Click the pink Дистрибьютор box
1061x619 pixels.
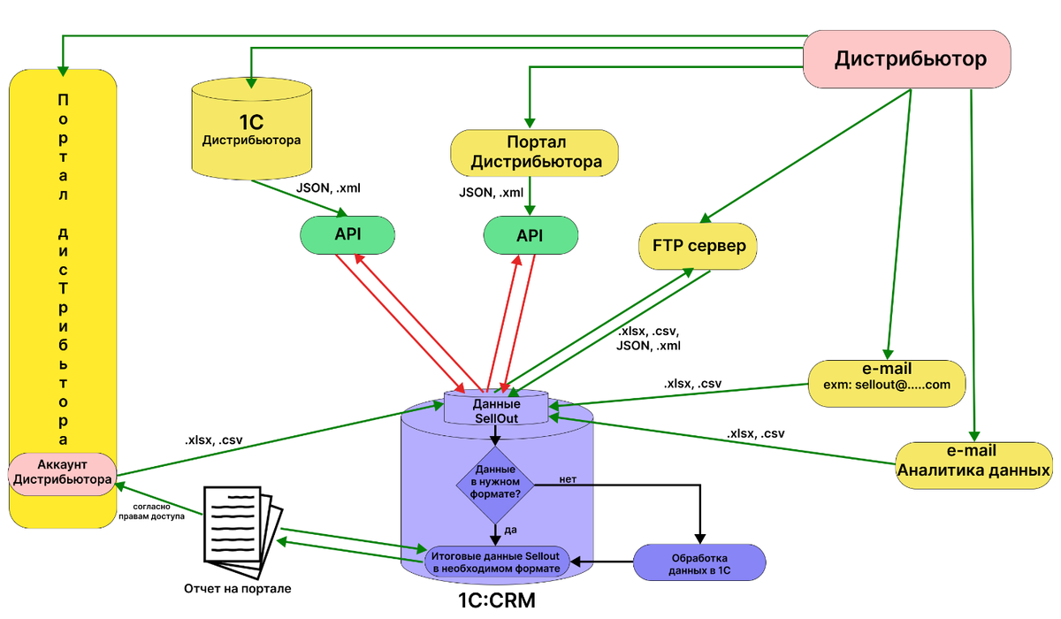(x=910, y=59)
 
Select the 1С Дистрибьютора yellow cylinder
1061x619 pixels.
(x=252, y=129)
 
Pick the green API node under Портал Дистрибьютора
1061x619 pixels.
(x=530, y=235)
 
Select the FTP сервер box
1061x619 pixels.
(x=698, y=245)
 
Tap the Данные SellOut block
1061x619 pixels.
(x=496, y=409)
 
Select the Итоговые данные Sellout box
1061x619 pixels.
(x=495, y=562)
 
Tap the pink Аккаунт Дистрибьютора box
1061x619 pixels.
(x=62, y=472)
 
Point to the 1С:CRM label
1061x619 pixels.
(x=496, y=601)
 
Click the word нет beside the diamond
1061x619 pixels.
(x=569, y=479)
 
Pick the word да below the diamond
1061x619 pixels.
(x=511, y=530)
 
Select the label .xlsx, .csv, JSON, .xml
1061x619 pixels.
(x=649, y=339)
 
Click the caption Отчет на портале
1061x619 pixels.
(x=237, y=588)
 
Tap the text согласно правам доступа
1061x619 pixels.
(x=149, y=512)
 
